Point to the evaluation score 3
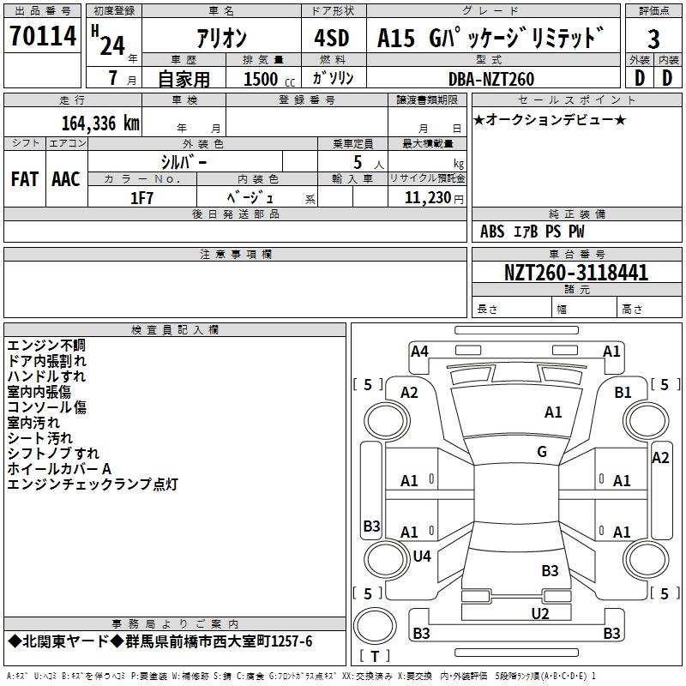pyautogui.click(x=653, y=40)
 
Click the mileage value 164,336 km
pyautogui.click(x=100, y=123)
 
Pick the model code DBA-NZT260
pyautogui.click(x=491, y=79)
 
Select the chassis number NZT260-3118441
pyautogui.click(x=575, y=273)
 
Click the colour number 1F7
pyautogui.click(x=142, y=196)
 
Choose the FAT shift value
pyautogui.click(x=24, y=179)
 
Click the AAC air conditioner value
pyautogui.click(x=66, y=179)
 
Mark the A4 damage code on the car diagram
pyautogui.click(x=419, y=351)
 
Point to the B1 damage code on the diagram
pyautogui.click(x=623, y=392)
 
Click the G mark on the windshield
pyautogui.click(x=542, y=452)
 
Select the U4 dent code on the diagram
pyautogui.click(x=422, y=557)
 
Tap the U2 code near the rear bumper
pyautogui.click(x=539, y=612)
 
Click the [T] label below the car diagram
pyautogui.click(x=375, y=657)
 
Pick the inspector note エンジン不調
pyautogui.click(x=46, y=346)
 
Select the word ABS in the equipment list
pyautogui.click(x=492, y=232)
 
